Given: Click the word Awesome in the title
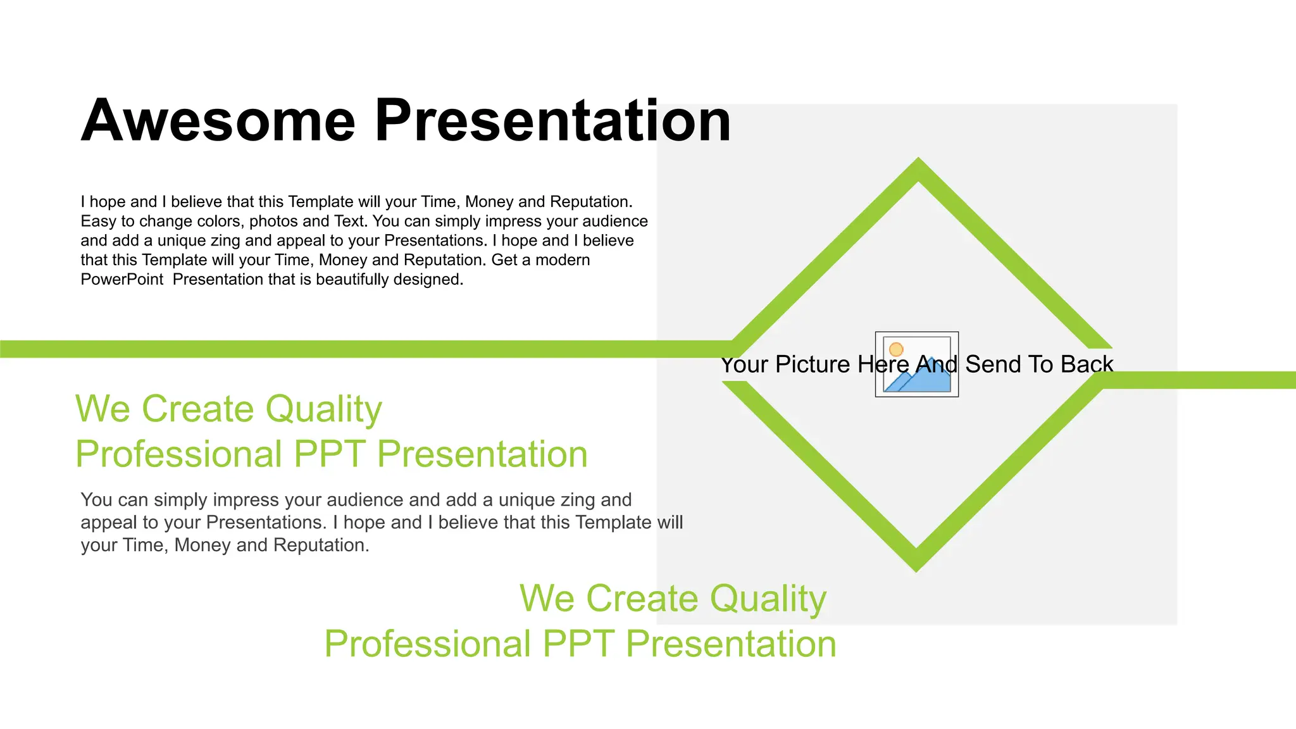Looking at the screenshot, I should point(218,121).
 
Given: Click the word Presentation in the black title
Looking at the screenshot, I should point(552,121).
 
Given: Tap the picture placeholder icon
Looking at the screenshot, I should point(916,364).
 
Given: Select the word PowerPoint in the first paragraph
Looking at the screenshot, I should point(121,280).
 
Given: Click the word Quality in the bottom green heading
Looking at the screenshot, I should point(768,599).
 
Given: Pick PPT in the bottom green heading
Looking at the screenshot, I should point(578,644).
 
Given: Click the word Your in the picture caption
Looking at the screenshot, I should point(744,364).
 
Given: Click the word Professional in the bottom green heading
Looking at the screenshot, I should point(427,644).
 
